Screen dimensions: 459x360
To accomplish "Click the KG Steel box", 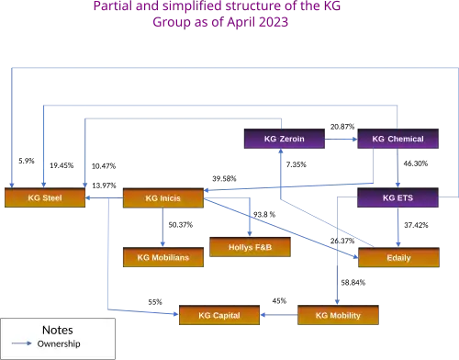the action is pos(45,197).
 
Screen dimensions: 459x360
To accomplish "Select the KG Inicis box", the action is pos(163,198).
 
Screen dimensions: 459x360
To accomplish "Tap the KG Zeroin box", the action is pos(285,139).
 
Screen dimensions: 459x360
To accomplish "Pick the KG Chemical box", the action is pos(397,139).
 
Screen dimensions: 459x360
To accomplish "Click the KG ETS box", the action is pos(397,197).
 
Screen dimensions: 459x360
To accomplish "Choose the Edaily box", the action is pos(398,257).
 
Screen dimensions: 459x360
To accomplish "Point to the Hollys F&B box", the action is pos(250,247).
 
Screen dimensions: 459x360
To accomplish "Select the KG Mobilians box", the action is pos(163,257).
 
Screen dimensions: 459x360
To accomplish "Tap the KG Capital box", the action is pos(219,315).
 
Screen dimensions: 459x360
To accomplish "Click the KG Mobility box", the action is pos(338,315).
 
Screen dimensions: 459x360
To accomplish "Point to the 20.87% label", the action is pos(342,127).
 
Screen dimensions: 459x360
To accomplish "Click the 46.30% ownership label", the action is pos(416,163).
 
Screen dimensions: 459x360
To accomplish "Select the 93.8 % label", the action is pos(264,215).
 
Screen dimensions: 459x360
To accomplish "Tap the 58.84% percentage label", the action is pos(353,283).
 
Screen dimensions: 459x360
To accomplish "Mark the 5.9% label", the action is pos(27,161).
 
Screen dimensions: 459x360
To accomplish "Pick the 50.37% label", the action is pos(181,225).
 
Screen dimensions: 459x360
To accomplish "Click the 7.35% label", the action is pos(297,164).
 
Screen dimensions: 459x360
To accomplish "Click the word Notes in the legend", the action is pos(58,330).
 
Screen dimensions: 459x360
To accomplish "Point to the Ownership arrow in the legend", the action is pos(22,343).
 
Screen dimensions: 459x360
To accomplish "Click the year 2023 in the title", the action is pos(274,22).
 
